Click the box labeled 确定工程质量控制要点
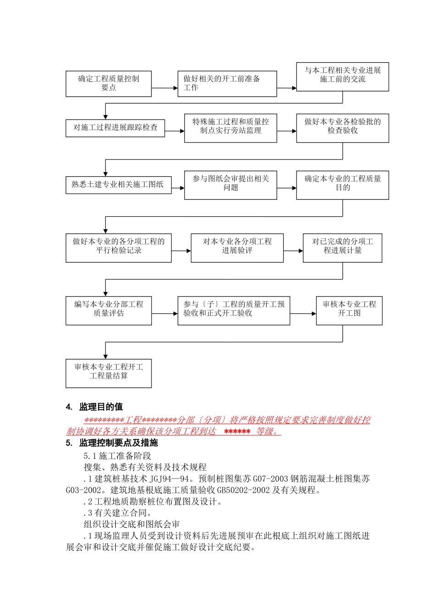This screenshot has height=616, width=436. pos(108,83)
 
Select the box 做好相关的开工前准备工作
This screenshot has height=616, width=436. pos(227,83)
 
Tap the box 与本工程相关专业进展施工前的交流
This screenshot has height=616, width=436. pos(342,77)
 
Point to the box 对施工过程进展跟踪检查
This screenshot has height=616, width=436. pos(115,127)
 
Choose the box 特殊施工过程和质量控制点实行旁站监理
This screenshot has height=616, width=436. pos(230,128)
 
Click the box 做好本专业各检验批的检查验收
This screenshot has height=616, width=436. pos(342,128)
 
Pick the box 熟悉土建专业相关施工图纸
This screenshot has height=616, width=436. pos(118,185)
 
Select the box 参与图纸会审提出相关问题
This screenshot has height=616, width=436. pos(230,185)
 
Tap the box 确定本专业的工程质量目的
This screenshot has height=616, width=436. pos(342,185)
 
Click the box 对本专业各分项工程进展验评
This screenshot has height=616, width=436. pos(237,248)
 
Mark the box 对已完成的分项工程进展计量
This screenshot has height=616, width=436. pos(342,248)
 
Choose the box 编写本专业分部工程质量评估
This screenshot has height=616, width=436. pos(108,311)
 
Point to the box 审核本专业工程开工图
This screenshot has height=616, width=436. pos(349,311)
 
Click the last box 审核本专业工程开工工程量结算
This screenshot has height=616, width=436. pos(108,374)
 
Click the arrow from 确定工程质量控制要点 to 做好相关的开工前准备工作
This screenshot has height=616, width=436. pos(164,88)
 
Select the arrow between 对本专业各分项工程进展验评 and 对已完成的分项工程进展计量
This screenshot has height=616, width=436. pos(293,251)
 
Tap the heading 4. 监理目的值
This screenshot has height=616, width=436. pos(95,407)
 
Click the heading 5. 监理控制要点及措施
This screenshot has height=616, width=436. pos(112,443)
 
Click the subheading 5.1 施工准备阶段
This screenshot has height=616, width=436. pos(117,456)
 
